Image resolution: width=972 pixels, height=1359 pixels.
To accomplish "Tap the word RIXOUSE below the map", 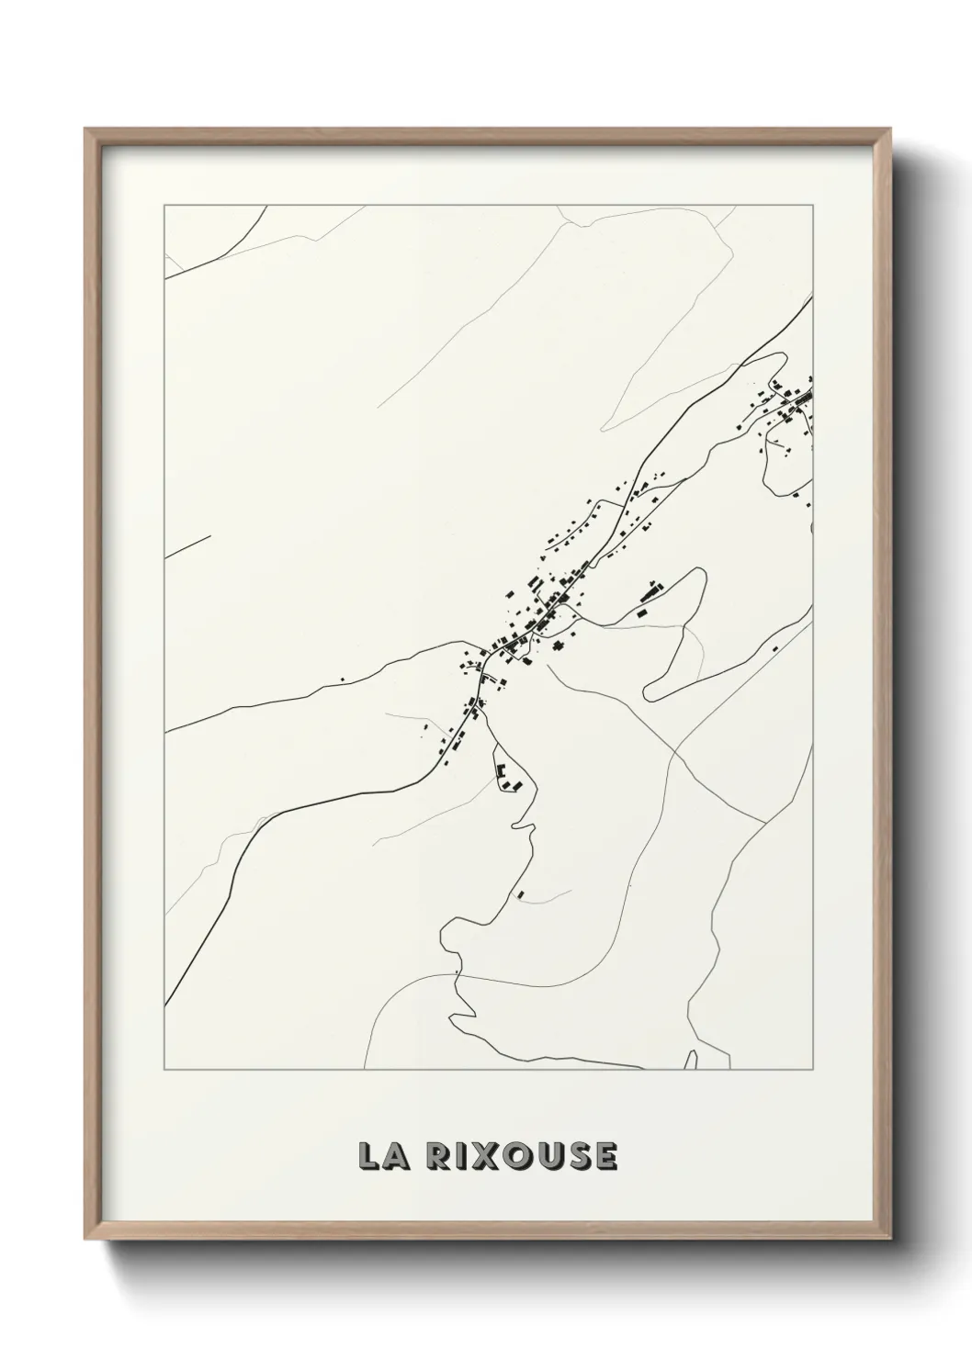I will click(522, 1156).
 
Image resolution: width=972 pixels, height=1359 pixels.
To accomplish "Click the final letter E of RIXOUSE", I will click(605, 1156).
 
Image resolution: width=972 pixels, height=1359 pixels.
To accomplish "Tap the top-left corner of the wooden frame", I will click(85, 129).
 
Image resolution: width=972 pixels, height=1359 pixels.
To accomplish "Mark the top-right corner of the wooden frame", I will click(886, 129).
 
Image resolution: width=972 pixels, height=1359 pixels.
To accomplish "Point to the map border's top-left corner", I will click(164, 206).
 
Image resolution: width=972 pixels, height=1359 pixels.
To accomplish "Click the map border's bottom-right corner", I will click(812, 1070).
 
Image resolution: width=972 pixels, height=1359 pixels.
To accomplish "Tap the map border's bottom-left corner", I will click(164, 1070).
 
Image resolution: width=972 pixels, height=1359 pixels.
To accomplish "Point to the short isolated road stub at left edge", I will click(187, 546).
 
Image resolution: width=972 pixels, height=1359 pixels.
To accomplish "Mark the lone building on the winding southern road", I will click(521, 892).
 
